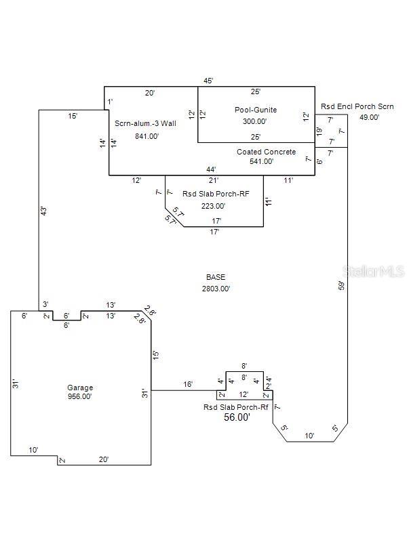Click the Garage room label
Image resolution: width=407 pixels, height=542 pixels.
[80, 388]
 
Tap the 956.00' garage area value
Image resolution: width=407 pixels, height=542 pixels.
[80, 397]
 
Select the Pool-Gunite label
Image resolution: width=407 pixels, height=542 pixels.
[256, 110]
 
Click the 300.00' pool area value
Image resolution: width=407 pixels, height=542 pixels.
[255, 121]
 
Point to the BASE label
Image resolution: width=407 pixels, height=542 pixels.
[216, 277]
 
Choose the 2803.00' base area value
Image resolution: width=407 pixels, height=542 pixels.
[216, 289]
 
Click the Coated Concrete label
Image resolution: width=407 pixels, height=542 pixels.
[266, 152]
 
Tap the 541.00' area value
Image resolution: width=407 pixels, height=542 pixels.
[261, 162]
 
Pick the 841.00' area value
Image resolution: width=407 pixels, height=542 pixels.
[147, 136]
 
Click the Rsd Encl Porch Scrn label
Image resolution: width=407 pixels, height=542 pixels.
[357, 106]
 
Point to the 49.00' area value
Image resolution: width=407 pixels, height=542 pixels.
[369, 117]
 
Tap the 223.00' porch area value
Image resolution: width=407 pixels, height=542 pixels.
[213, 206]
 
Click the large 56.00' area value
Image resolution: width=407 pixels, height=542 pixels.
[236, 418]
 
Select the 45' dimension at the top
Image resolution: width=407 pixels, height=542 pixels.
[209, 81]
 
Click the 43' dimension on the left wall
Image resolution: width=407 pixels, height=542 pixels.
[44, 211]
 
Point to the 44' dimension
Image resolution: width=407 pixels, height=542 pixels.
[211, 169]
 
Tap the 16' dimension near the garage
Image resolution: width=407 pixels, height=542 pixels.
[188, 385]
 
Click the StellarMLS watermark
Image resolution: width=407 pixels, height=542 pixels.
[376, 271]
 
